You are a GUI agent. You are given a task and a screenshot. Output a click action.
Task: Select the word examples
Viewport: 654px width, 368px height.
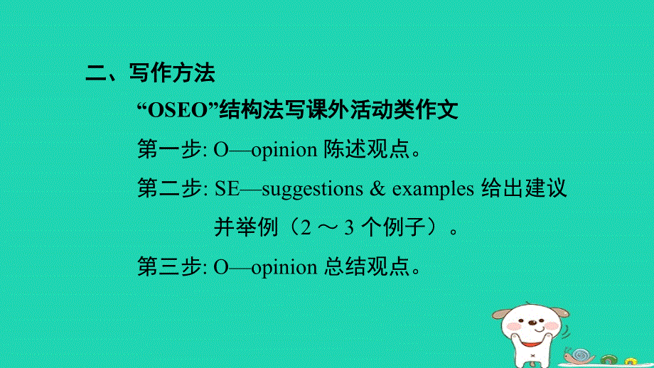[433, 189]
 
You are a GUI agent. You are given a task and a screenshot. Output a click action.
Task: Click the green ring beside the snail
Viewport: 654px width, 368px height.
[609, 359]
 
